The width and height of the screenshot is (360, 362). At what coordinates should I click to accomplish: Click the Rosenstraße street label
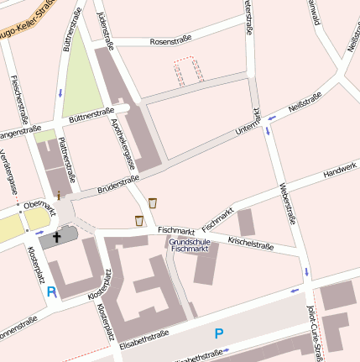[170, 39]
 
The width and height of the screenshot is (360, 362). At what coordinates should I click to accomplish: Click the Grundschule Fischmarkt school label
[188, 244]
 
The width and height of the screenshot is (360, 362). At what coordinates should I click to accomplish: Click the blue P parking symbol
[219, 333]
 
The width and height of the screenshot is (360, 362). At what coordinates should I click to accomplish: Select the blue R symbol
[51, 292]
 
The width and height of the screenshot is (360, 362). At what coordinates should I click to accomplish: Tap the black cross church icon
[58, 238]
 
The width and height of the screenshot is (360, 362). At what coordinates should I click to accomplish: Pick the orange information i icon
[59, 194]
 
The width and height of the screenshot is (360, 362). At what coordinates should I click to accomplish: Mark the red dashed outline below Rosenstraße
[189, 71]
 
